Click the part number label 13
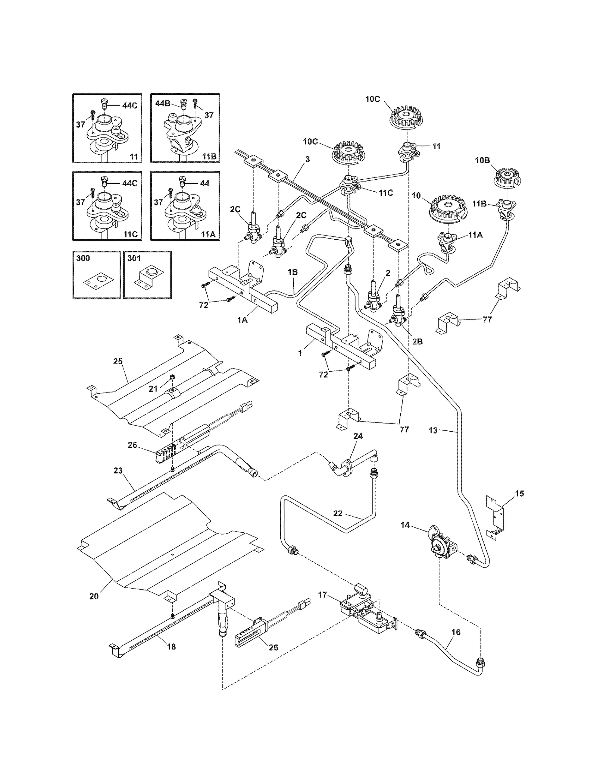(433, 431)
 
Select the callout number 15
(519, 494)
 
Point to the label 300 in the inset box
(83, 258)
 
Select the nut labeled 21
(173, 377)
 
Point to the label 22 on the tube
(338, 513)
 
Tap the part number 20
(94, 596)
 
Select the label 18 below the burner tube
(171, 647)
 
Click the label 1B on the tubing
(293, 272)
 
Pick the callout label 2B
(417, 341)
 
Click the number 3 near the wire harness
(307, 159)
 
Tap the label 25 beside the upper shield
(118, 361)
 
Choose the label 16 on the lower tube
(456, 632)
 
